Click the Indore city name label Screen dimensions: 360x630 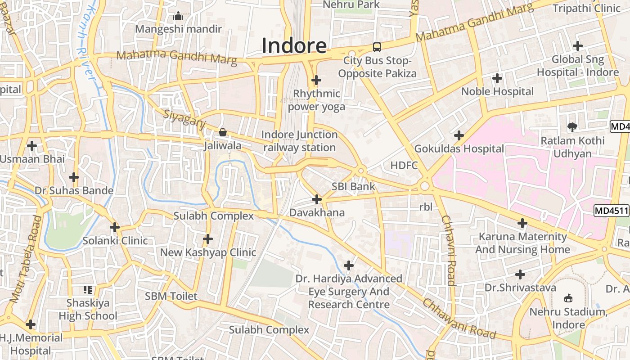pyautogui.click(x=294, y=45)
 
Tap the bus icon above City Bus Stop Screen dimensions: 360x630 pyautogui.click(x=377, y=47)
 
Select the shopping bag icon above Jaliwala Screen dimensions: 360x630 pyautogui.click(x=222, y=132)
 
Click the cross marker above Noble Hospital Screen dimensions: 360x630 pyautogui.click(x=497, y=78)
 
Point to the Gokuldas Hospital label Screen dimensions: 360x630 pyautogui.click(x=459, y=148)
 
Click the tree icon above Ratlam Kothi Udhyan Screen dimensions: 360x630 pyautogui.click(x=572, y=127)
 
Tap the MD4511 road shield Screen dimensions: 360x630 pyautogui.click(x=611, y=210)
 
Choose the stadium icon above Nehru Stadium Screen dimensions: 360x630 pyautogui.click(x=568, y=298)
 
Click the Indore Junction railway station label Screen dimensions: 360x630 pyautogui.click(x=299, y=141)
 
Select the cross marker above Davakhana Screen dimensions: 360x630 pyautogui.click(x=317, y=199)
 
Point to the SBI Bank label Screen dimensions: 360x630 pyautogui.click(x=353, y=186)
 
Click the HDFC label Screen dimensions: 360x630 pyautogui.click(x=404, y=165)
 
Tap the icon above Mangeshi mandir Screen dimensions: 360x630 pyautogui.click(x=178, y=16)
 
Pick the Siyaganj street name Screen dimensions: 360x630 pyautogui.click(x=184, y=121)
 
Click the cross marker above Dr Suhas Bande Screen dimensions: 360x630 pyautogui.click(x=74, y=177)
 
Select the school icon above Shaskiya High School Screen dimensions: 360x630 pyautogui.click(x=88, y=289)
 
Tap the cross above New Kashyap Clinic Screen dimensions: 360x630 pyautogui.click(x=208, y=239)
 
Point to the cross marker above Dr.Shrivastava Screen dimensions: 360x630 pyautogui.click(x=520, y=274)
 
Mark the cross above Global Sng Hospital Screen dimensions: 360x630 pyautogui.click(x=577, y=46)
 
